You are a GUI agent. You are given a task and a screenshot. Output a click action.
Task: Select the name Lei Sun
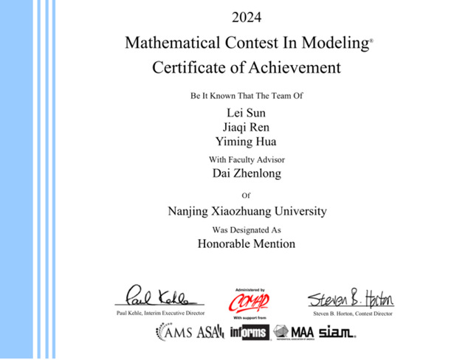pos(247,112)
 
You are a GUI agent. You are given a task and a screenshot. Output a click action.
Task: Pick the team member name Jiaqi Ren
pos(247,127)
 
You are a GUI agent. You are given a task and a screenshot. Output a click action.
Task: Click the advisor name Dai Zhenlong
pos(247,174)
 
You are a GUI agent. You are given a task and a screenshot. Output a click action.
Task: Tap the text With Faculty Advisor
pos(247,159)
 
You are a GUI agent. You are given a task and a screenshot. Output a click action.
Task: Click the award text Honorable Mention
pos(247,243)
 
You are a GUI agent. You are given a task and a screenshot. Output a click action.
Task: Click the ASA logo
pos(211,332)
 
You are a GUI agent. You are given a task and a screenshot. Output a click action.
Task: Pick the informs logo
pos(250,332)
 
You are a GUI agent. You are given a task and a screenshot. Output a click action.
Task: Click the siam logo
pos(337,332)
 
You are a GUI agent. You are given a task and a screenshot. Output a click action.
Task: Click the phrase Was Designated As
pos(247,229)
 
